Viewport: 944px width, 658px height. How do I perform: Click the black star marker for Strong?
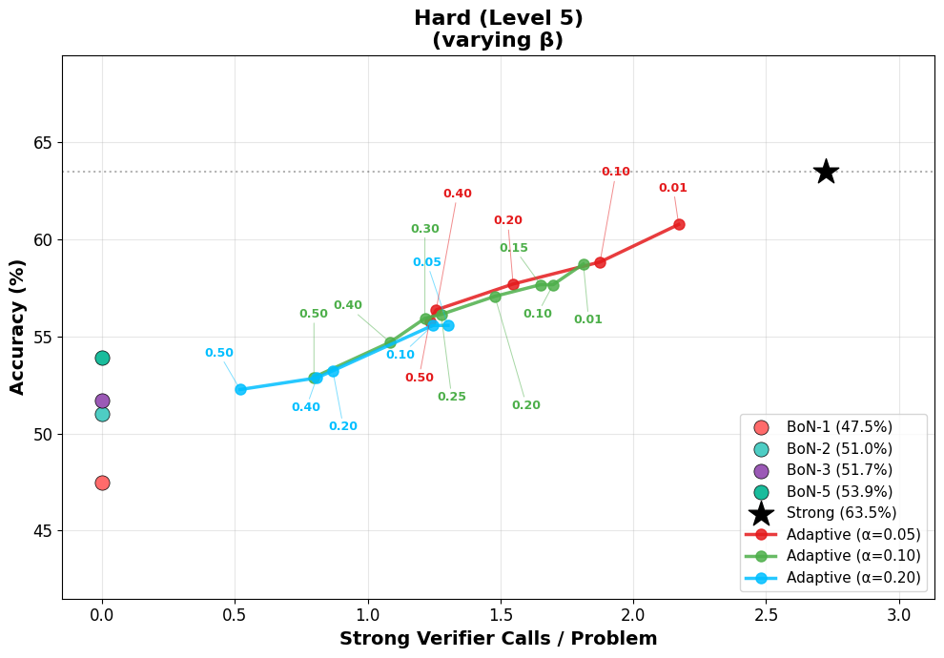(826, 172)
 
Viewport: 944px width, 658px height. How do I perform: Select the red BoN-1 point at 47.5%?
(102, 483)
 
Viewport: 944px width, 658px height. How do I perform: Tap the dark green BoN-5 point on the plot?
(102, 358)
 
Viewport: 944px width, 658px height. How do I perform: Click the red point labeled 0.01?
(679, 224)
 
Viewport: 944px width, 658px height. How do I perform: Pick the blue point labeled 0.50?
(240, 389)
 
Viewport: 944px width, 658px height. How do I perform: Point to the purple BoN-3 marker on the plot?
(102, 401)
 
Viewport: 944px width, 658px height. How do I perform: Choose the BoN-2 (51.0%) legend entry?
(839, 449)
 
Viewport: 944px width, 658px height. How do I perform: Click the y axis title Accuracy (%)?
(18, 327)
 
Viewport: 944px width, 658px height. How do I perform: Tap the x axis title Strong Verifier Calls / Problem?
(498, 639)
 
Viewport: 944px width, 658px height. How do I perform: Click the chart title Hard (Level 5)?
(498, 18)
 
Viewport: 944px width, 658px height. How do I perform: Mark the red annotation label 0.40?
(457, 194)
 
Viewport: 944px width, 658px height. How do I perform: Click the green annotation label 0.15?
(513, 248)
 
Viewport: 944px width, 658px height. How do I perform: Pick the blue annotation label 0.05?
(426, 262)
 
